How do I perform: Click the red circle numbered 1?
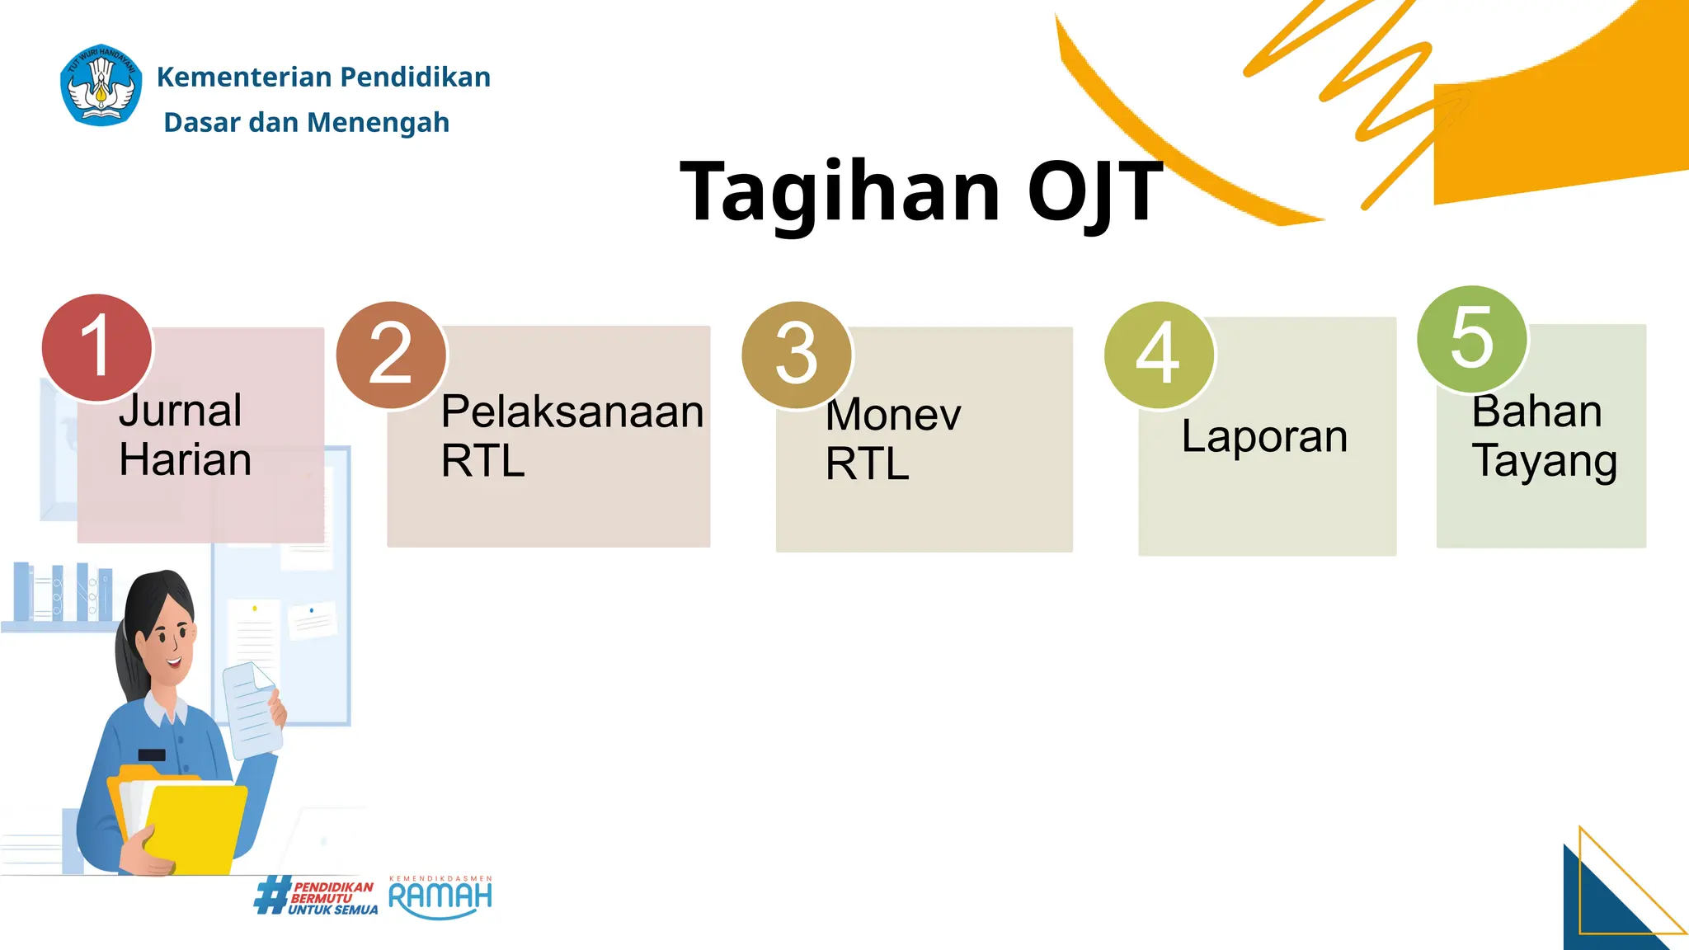tap(96, 347)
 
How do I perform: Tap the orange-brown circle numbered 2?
tap(391, 355)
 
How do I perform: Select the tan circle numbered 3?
tap(797, 355)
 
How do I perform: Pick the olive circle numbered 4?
tap(1159, 355)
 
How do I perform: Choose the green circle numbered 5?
tap(1472, 339)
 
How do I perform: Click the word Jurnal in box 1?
tap(181, 411)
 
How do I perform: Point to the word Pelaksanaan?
tap(572, 412)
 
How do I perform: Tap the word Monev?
tap(893, 414)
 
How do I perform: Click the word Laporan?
tap(1264, 436)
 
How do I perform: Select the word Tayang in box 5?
tap(1544, 461)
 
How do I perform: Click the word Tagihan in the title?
tap(840, 191)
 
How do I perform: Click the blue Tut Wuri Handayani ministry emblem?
tap(101, 86)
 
